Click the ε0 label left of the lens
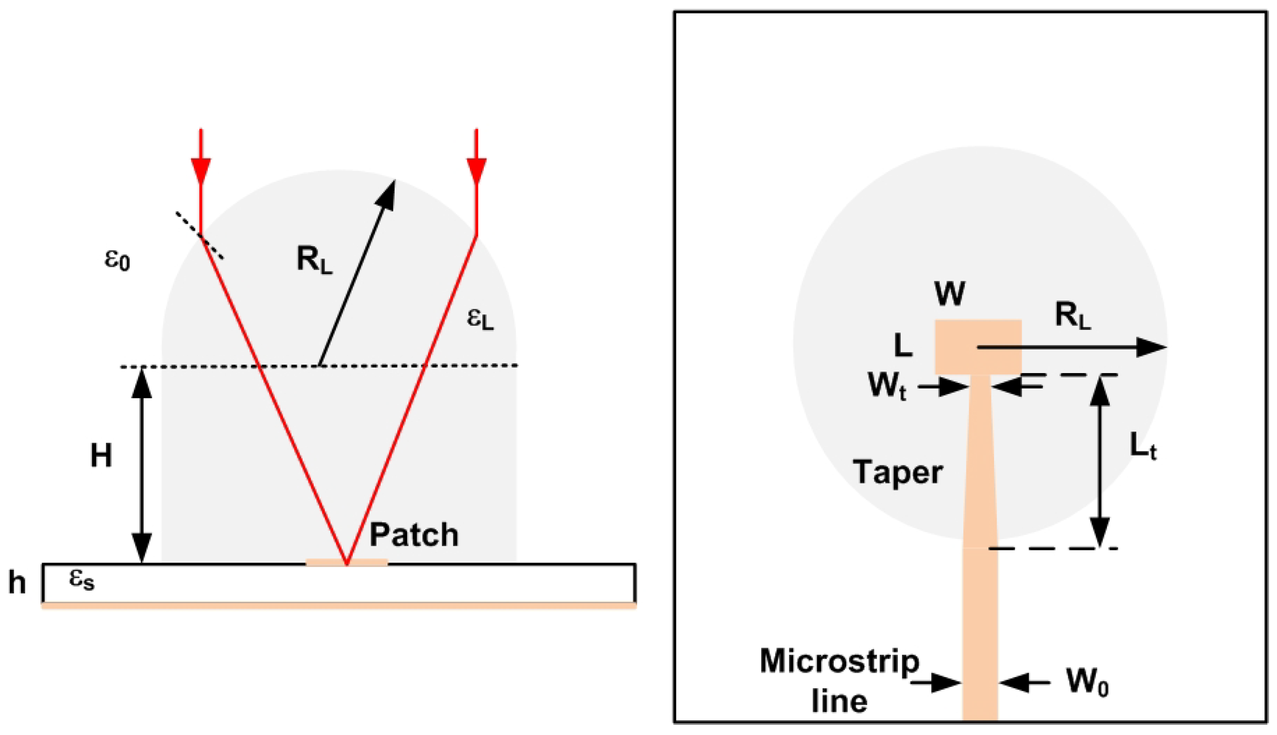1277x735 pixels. tap(117, 260)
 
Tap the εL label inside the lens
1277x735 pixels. tap(480, 319)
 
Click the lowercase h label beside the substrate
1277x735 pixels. tap(17, 583)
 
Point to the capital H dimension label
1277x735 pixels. tap(101, 455)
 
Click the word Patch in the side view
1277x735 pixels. tap(414, 535)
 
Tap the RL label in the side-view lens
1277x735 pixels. tap(314, 260)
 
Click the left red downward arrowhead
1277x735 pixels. tap(201, 171)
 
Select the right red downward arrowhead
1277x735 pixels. tap(476, 171)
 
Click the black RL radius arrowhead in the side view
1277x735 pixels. tap(387, 192)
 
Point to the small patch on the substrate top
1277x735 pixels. tap(347, 562)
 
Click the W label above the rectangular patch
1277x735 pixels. tap(950, 293)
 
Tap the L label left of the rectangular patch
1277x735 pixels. tap(903, 346)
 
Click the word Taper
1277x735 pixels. tap(897, 472)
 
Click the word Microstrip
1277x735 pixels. tap(840, 661)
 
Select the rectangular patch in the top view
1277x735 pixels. tap(978, 347)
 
